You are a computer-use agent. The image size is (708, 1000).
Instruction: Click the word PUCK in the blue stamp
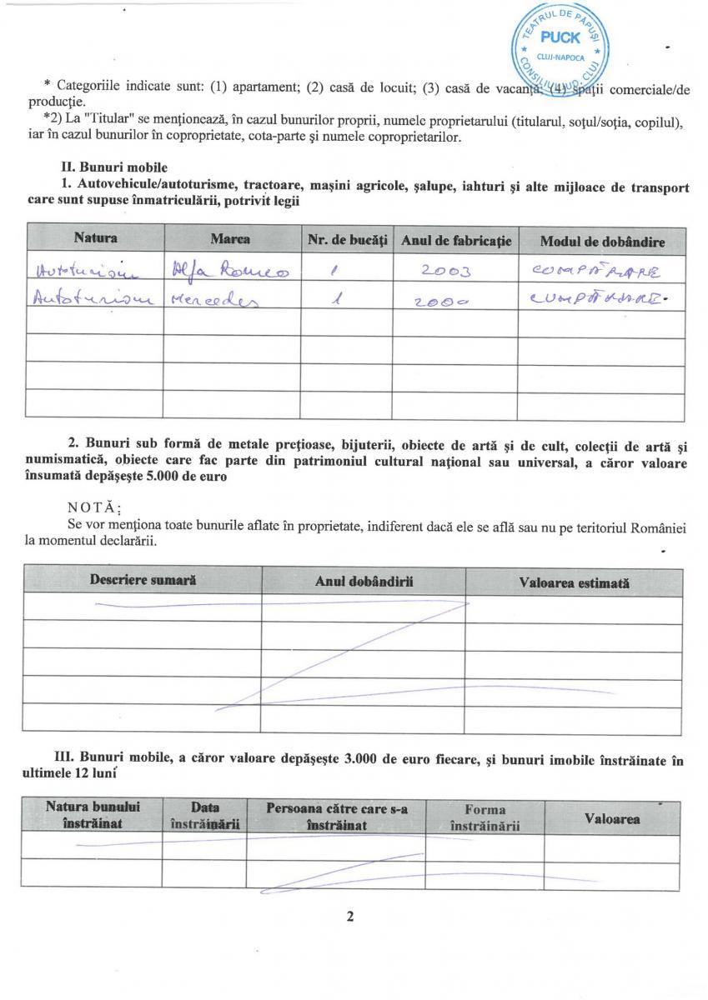(x=560, y=37)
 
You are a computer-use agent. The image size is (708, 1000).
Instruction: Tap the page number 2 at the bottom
(x=350, y=917)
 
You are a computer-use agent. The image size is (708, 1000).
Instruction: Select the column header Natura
(x=95, y=239)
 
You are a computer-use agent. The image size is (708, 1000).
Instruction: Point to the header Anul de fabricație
(x=455, y=241)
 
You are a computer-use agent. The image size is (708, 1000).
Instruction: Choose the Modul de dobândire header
(x=602, y=242)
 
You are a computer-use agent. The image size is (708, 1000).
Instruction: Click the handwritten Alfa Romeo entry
(x=228, y=270)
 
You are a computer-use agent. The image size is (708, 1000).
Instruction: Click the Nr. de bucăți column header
(x=347, y=240)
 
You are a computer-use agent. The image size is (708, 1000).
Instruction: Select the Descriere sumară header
(x=143, y=581)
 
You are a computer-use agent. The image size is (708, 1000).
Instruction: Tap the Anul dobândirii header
(x=364, y=582)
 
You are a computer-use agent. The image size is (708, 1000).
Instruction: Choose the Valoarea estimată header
(x=574, y=583)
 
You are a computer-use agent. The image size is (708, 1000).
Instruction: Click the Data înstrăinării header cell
(x=204, y=816)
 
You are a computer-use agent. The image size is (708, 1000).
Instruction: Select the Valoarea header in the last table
(x=612, y=818)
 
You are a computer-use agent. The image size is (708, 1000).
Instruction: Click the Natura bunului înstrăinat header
(x=93, y=815)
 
